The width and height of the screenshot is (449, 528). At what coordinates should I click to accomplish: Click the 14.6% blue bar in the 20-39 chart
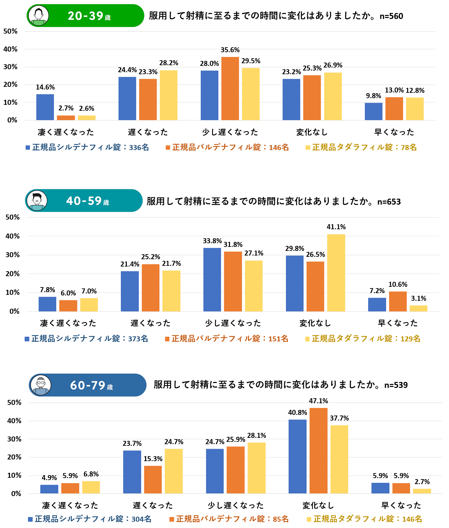[45, 107]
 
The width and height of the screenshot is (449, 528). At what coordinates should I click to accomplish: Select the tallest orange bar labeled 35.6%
[230, 88]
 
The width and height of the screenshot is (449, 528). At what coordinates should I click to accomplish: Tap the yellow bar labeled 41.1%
[336, 273]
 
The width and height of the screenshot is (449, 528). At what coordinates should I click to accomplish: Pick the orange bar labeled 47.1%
[318, 450]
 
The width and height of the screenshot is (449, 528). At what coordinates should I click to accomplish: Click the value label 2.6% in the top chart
[87, 108]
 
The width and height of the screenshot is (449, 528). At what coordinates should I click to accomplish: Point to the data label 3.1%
[418, 298]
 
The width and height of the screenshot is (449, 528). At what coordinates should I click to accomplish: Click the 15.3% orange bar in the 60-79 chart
[153, 479]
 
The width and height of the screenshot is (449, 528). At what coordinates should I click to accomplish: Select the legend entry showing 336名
[87, 147]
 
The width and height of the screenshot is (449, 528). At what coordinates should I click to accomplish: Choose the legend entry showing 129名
[363, 339]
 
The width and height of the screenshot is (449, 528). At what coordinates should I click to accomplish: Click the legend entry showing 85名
[229, 519]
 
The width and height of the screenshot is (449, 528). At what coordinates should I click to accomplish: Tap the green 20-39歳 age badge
[85, 16]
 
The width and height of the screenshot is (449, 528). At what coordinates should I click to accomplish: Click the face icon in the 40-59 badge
[37, 200]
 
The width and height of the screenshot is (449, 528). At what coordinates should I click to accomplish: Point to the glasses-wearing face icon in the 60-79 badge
[41, 385]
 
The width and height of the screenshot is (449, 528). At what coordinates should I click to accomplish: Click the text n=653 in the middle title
[389, 202]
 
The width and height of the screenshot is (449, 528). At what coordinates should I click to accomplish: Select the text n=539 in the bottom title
[396, 385]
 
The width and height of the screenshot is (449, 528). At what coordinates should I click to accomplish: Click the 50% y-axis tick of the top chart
[10, 31]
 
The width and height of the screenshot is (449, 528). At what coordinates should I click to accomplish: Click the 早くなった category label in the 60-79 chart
[401, 505]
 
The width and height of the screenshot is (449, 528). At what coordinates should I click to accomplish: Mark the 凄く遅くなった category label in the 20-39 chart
[66, 132]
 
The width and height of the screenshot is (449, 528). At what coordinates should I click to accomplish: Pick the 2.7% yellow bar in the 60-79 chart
[422, 491]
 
